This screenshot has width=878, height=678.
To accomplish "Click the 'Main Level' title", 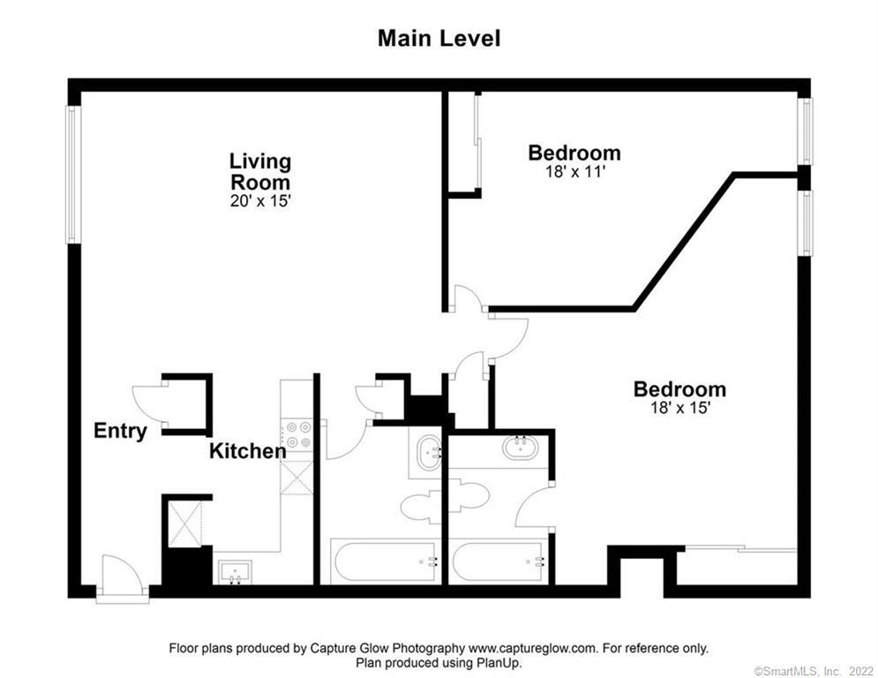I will pyautogui.click(x=439, y=39).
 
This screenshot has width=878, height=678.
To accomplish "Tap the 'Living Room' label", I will pyautogui.click(x=259, y=172).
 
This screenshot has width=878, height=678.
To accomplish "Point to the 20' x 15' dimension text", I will pyautogui.click(x=259, y=201).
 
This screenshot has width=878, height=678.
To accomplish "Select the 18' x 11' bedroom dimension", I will pyautogui.click(x=574, y=172).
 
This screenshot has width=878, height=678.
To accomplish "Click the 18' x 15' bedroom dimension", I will pyautogui.click(x=679, y=408).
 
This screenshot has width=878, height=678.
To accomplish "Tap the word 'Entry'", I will pyautogui.click(x=120, y=432).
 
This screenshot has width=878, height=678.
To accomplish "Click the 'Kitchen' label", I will pyautogui.click(x=247, y=451).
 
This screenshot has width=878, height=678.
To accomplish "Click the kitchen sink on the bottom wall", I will pyautogui.click(x=234, y=571).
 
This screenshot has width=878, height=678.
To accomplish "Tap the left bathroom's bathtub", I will pyautogui.click(x=384, y=561).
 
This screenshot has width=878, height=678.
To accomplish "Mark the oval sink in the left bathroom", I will pyautogui.click(x=429, y=451).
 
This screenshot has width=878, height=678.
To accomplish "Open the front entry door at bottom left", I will pyautogui.click(x=122, y=578).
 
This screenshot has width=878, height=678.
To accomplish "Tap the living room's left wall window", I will pyautogui.click(x=74, y=175).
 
